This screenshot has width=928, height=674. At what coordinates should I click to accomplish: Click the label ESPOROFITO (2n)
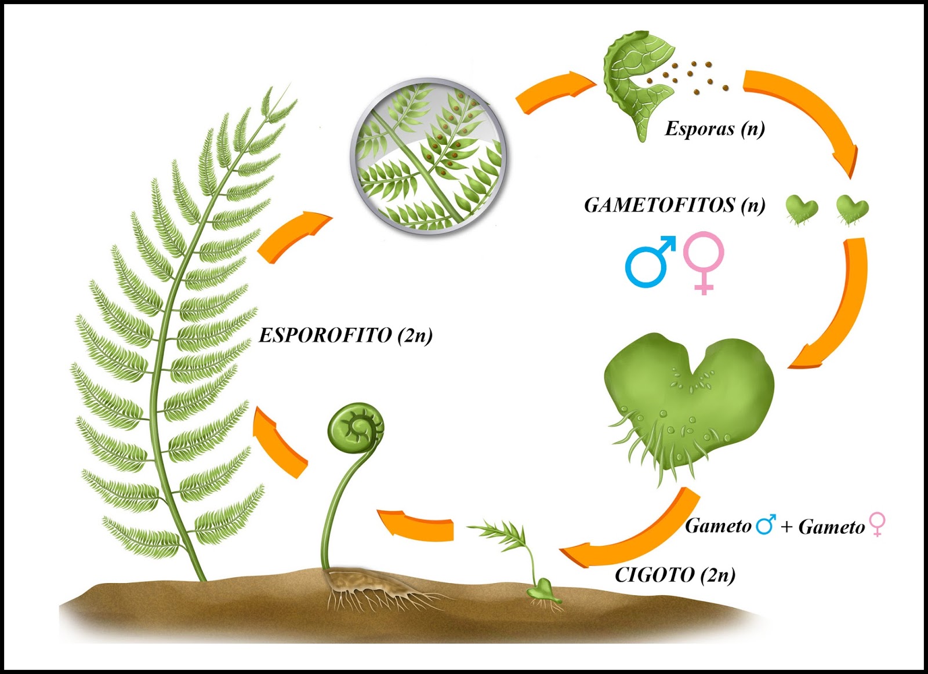point(345,336)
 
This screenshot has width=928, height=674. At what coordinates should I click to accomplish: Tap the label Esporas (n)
point(715,128)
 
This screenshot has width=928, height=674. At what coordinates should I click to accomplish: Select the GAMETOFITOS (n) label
point(674,205)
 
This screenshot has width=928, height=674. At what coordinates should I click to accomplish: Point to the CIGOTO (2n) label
point(675,575)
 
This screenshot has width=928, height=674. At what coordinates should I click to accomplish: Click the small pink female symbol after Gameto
point(877,524)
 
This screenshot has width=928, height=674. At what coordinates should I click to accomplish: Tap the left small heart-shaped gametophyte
point(802,209)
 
